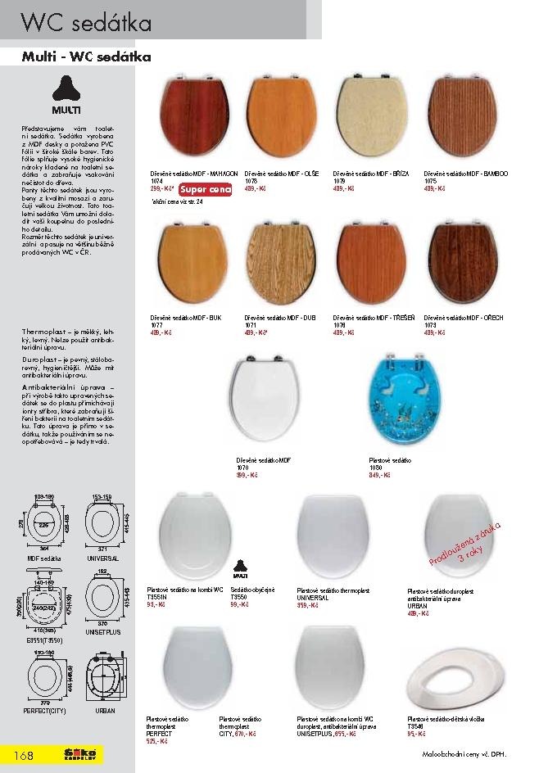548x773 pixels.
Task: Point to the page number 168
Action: [22, 755]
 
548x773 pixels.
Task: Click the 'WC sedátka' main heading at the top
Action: [86, 23]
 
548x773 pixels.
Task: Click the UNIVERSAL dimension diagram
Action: [104, 525]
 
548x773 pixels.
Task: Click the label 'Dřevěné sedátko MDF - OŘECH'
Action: [464, 317]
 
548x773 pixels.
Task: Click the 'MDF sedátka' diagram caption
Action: [43, 558]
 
